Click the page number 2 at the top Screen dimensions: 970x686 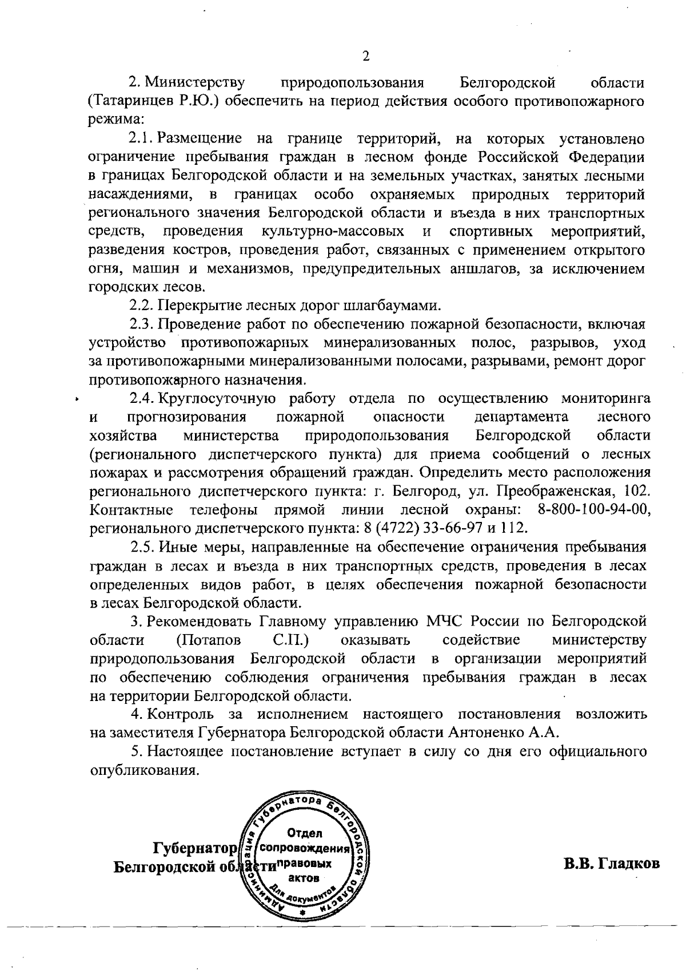coord(366,56)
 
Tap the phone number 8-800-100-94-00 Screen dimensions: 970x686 coord(595,509)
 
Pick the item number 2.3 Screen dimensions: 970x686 coord(141,324)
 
